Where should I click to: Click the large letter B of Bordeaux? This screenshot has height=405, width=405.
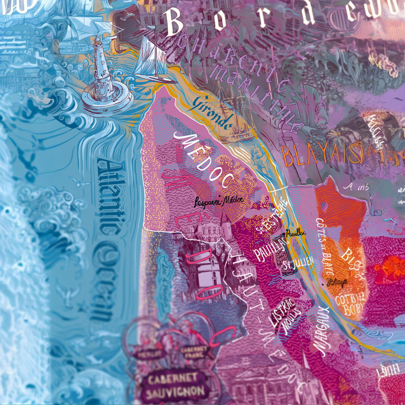(178, 22)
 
